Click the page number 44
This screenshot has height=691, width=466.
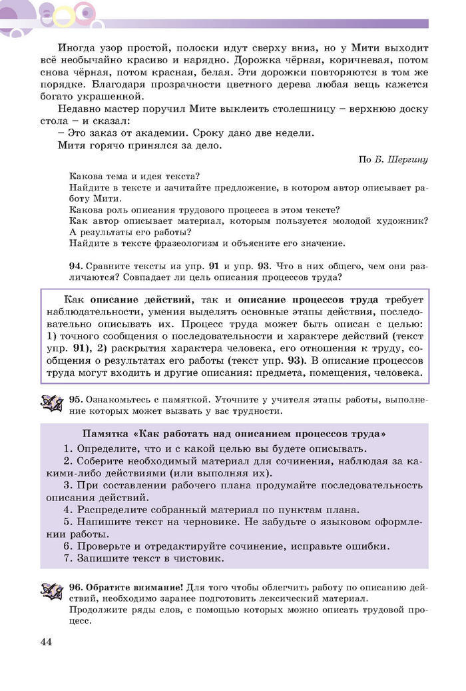coord(46,642)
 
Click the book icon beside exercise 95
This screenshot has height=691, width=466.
coord(51,403)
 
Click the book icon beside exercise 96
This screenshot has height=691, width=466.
coord(51,591)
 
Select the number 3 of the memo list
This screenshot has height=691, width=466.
coord(67,484)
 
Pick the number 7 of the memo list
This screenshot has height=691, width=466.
coord(67,558)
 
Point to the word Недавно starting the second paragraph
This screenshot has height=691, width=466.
coord(79,109)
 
